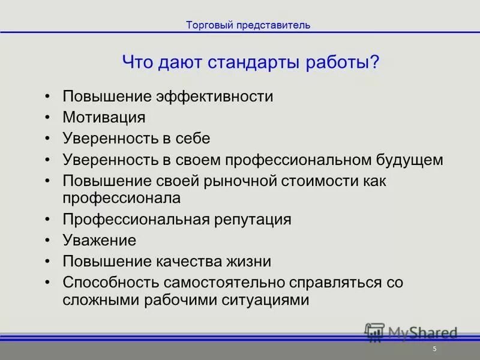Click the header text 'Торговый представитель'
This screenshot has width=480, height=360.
[x=248, y=25]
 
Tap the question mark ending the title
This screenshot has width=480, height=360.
[x=375, y=62]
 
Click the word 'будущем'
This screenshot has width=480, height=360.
[x=409, y=160]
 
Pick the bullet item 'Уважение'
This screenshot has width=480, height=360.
[x=100, y=240]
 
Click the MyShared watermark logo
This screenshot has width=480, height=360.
[x=411, y=332]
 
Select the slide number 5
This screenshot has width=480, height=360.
[x=434, y=349]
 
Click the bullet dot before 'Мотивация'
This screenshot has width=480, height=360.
[x=48, y=118]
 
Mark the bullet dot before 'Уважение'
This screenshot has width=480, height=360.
[x=48, y=241]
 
